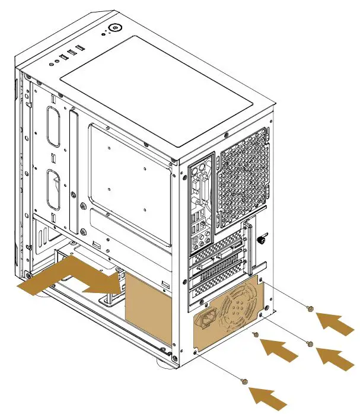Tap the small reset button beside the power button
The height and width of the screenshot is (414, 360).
[104, 35]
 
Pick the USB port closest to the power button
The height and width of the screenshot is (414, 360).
[78, 49]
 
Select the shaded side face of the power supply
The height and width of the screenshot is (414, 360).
[148, 308]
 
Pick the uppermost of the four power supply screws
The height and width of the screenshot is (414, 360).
[309, 308]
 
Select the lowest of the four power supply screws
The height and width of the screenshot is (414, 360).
[245, 380]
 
